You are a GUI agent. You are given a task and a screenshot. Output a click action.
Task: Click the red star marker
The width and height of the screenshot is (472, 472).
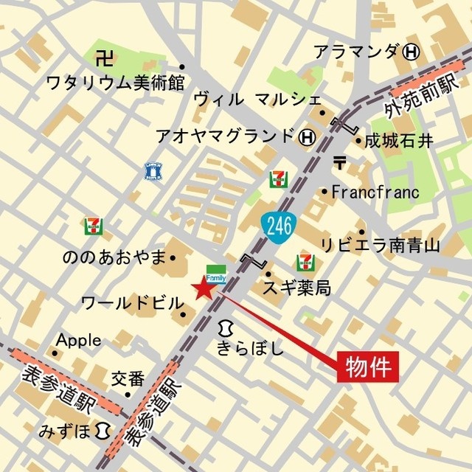coord(202,289)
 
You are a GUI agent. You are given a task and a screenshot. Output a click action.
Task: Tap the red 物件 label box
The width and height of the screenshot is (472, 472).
coord(367,366)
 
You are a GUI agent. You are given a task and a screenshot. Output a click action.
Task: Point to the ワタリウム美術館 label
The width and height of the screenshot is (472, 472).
coord(114,82)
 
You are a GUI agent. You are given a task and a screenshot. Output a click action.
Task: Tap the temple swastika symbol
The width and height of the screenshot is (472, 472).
coord(105,56)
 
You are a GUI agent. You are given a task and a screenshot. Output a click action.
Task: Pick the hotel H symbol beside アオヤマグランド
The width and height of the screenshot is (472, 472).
coord(308,136)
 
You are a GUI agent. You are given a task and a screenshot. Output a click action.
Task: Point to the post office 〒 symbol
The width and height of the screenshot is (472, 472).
coord(339,162)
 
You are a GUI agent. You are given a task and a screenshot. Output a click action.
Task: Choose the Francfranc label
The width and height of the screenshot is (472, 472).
coord(375,192)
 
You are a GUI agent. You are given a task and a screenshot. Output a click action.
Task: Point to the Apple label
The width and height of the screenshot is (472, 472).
coord(79,340)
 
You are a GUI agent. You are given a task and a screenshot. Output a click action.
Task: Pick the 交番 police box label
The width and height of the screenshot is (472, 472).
coord(128,379)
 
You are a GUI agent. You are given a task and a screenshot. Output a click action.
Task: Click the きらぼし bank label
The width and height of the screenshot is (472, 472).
coord(251,348)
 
